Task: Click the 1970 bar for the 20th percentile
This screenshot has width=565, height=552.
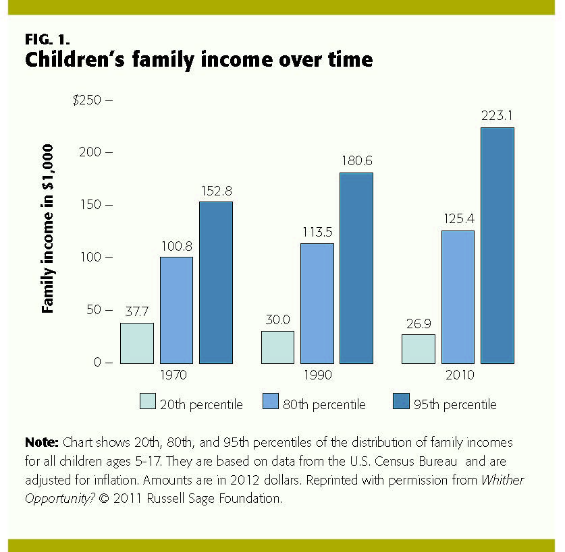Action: point(137,343)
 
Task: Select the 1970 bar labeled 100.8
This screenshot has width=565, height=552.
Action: point(176,310)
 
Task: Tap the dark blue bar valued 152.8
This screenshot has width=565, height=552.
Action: point(215,282)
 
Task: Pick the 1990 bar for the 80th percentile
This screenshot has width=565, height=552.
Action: point(317,303)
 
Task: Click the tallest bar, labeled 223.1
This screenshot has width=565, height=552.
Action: point(497,245)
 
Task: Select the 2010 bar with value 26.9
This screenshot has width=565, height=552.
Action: point(419,349)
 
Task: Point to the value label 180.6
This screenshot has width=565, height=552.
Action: point(356,162)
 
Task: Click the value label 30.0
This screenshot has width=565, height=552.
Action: point(277,320)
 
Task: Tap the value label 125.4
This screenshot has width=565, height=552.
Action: point(458,220)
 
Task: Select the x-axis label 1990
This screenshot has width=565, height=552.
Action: point(317,375)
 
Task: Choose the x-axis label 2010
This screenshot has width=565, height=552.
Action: point(458,375)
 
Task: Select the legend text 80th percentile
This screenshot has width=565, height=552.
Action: point(330,404)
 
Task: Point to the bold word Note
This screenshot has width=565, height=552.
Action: point(42,443)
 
